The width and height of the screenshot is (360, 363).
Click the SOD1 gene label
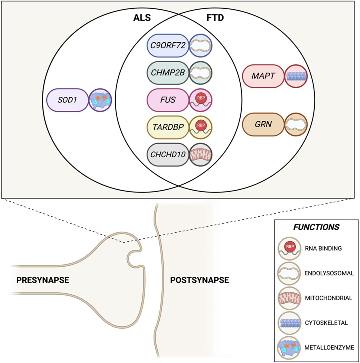click(x=67, y=100)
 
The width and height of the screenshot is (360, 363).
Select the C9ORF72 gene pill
click(x=168, y=45)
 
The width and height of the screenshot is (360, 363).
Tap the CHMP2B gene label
click(x=168, y=73)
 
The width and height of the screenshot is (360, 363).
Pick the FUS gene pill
click(x=168, y=100)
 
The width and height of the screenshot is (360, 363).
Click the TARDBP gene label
click(x=168, y=127)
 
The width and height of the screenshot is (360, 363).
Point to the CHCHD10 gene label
click(x=168, y=155)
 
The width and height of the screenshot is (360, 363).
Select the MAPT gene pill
click(x=263, y=76)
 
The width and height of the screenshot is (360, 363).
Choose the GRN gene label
click(x=263, y=124)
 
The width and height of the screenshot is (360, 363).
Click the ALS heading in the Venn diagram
click(x=142, y=18)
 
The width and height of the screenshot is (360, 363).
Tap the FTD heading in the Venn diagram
click(x=215, y=18)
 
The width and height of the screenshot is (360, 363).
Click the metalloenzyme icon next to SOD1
click(x=100, y=100)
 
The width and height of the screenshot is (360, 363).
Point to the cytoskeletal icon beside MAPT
click(x=296, y=76)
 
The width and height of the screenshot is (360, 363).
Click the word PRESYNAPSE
click(x=43, y=280)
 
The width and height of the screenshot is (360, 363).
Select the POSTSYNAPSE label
click(x=199, y=280)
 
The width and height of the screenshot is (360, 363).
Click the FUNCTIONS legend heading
click(x=316, y=227)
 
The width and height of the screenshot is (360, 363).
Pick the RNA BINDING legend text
click(x=323, y=248)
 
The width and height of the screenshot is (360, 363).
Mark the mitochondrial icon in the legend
click(x=289, y=298)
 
